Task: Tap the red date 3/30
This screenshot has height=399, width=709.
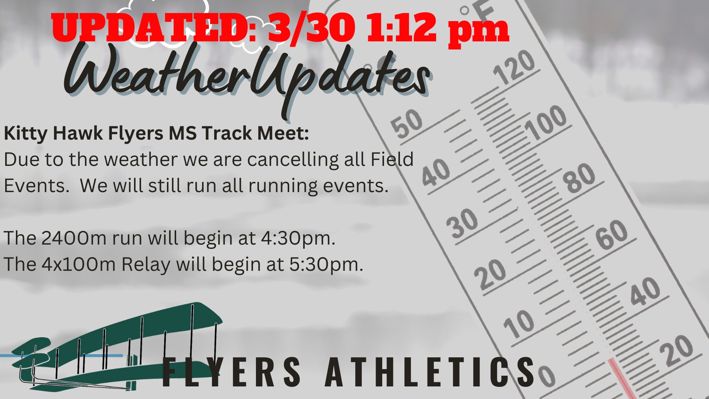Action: point(312,28)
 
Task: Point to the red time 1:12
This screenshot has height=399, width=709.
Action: point(402,28)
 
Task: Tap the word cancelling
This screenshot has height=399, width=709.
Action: point(293,160)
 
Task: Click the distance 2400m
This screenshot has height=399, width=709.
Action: point(74,238)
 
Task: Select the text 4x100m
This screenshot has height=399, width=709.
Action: point(79,265)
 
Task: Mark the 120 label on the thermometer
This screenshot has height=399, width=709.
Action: point(514,67)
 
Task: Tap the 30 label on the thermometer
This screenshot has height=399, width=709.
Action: point(462,223)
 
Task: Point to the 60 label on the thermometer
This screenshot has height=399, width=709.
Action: point(611,235)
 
